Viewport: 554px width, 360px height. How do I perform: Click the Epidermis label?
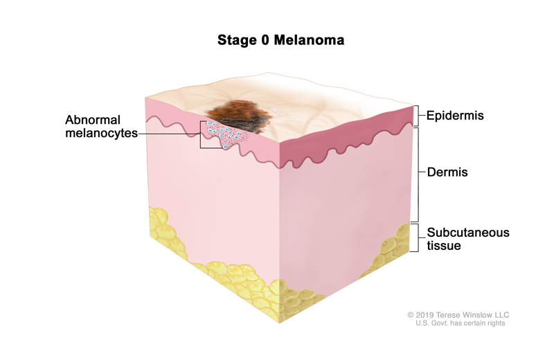(x=455, y=116)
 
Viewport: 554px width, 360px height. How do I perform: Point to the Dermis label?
(x=447, y=172)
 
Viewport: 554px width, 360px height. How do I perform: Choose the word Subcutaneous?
(x=468, y=233)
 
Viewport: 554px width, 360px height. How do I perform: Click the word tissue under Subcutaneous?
(x=444, y=245)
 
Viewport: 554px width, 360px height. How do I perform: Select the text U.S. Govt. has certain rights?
(x=460, y=323)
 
